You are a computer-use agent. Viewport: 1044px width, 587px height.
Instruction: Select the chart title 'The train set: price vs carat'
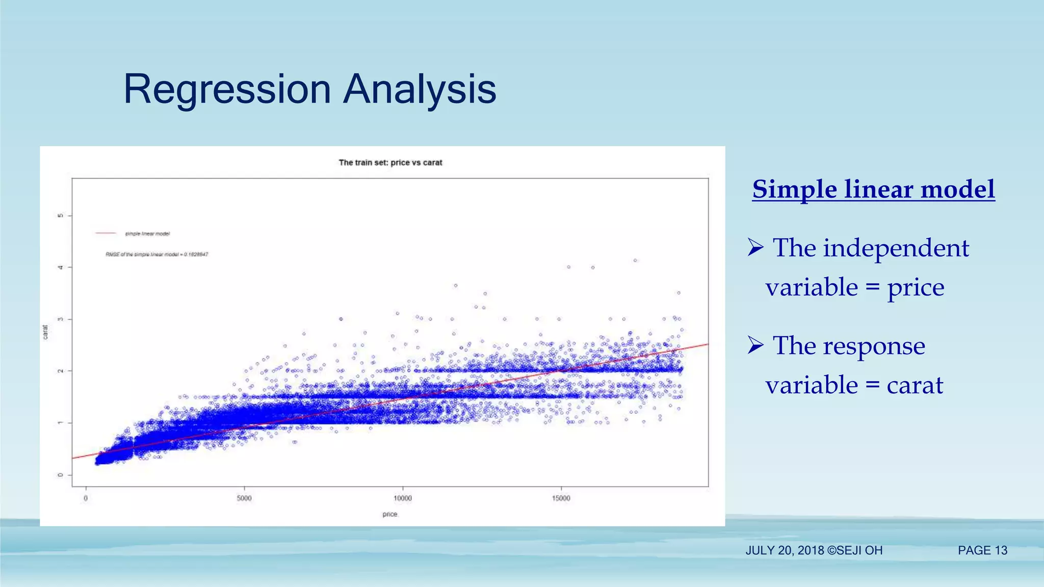click(390, 163)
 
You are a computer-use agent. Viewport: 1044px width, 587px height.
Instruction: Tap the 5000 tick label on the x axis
click(244, 498)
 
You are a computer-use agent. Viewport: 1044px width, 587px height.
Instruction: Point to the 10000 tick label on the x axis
click(403, 498)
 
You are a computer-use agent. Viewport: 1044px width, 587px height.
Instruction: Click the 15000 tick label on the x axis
click(561, 498)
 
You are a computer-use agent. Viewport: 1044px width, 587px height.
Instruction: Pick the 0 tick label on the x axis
click(86, 498)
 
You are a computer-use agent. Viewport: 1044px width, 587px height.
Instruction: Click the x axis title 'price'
click(389, 514)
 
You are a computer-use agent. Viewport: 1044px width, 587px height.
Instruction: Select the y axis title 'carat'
click(45, 332)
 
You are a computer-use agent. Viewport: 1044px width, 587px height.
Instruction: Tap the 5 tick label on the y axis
click(61, 216)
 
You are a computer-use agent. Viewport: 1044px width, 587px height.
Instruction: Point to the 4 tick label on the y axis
click(61, 267)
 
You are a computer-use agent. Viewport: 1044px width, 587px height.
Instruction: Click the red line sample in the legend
click(106, 233)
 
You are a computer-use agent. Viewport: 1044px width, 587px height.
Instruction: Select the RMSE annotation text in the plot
click(156, 254)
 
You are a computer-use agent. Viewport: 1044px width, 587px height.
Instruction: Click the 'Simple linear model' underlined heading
click(873, 190)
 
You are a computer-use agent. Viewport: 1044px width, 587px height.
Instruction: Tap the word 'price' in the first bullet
click(916, 287)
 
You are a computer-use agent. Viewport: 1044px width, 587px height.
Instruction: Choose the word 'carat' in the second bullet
click(915, 385)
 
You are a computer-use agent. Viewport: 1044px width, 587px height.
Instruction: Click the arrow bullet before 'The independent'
click(755, 248)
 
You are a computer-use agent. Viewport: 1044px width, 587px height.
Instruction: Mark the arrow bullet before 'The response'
click(755, 345)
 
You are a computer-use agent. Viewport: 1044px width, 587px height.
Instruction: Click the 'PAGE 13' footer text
click(982, 550)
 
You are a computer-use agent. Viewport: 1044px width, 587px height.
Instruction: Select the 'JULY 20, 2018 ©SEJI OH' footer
click(814, 550)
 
